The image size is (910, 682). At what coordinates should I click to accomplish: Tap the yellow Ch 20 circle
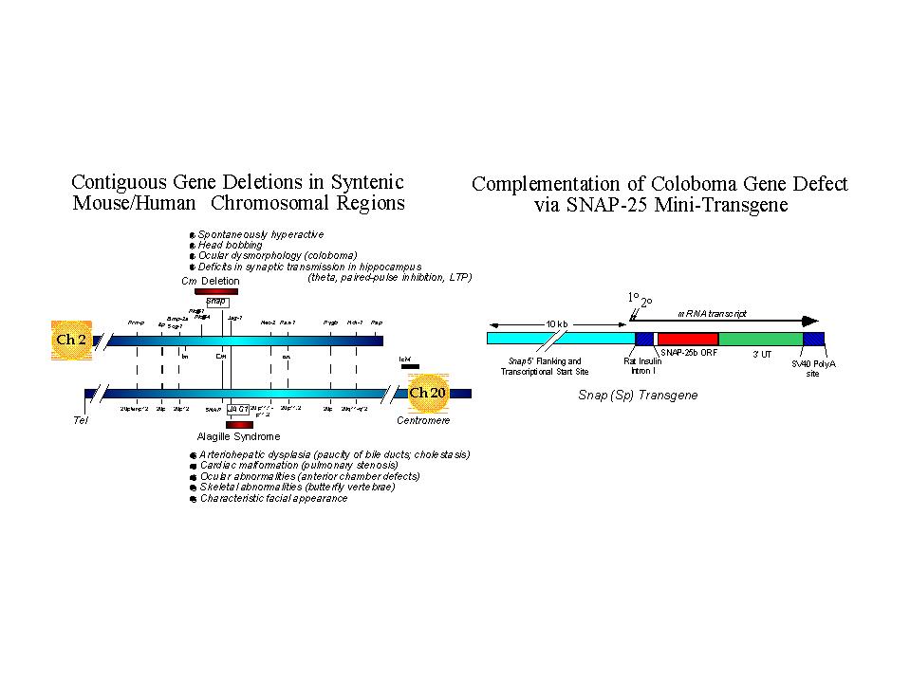tap(427, 393)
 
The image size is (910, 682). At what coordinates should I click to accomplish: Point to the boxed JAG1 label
tap(237, 409)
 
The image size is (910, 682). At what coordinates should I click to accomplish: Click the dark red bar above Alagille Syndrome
tap(239, 424)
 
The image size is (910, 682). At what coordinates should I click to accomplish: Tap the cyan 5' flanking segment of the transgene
tap(560, 339)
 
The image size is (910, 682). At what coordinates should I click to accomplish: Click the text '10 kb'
tap(557, 323)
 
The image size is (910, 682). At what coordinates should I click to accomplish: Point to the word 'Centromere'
tap(423, 420)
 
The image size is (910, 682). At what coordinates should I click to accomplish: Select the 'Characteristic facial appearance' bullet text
tap(273, 498)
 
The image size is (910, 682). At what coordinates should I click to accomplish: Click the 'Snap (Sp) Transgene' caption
tap(637, 395)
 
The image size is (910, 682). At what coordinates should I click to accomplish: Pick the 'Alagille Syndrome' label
tap(238, 436)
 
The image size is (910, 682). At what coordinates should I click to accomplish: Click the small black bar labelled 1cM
tap(409, 366)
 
